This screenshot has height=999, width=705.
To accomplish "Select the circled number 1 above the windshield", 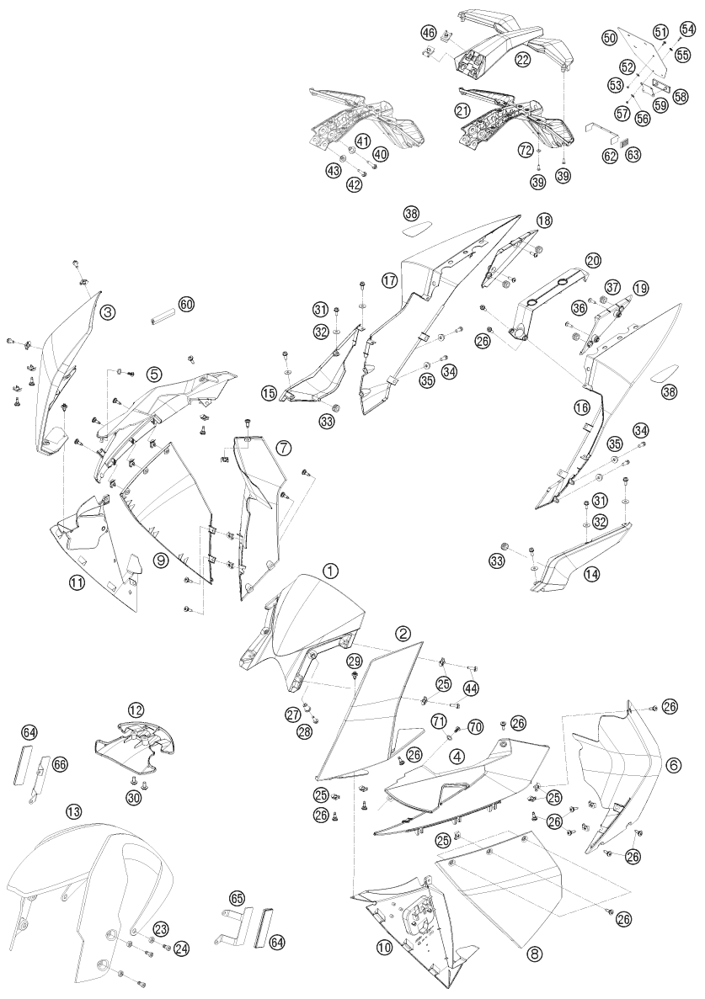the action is point(329,571).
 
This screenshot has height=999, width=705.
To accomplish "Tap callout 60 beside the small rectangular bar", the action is point(186,306).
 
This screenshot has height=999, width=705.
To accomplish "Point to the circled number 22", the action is point(523,61).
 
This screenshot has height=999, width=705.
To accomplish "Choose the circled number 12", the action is point(136,709).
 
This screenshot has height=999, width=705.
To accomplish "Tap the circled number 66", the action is point(60,764).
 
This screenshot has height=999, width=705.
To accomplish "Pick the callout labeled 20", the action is point(594,260).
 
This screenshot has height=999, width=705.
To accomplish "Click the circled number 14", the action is point(592,574).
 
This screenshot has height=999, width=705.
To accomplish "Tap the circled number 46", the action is point(428,32).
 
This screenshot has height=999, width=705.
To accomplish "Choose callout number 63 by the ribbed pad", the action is point(633,154).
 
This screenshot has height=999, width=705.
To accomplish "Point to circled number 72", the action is point(526,151).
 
